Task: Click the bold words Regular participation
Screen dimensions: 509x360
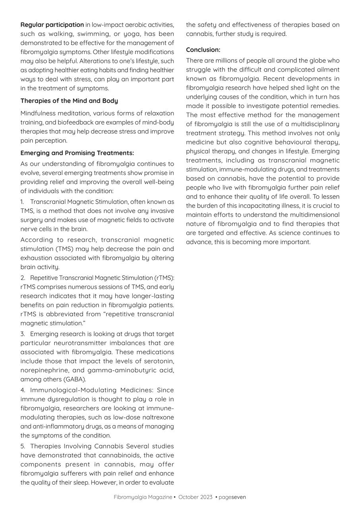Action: [x=52, y=25]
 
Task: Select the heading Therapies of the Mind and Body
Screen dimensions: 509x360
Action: [x=69, y=101]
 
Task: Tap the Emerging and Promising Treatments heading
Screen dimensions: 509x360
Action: [x=77, y=153]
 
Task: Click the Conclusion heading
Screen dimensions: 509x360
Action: [x=203, y=50]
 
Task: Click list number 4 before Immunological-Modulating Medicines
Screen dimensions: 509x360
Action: [x=23, y=390]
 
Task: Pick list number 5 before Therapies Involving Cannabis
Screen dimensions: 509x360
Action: [x=23, y=446]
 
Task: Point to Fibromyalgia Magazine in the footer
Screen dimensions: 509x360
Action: [x=143, y=497]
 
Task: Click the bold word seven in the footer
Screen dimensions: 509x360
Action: [x=239, y=497]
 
